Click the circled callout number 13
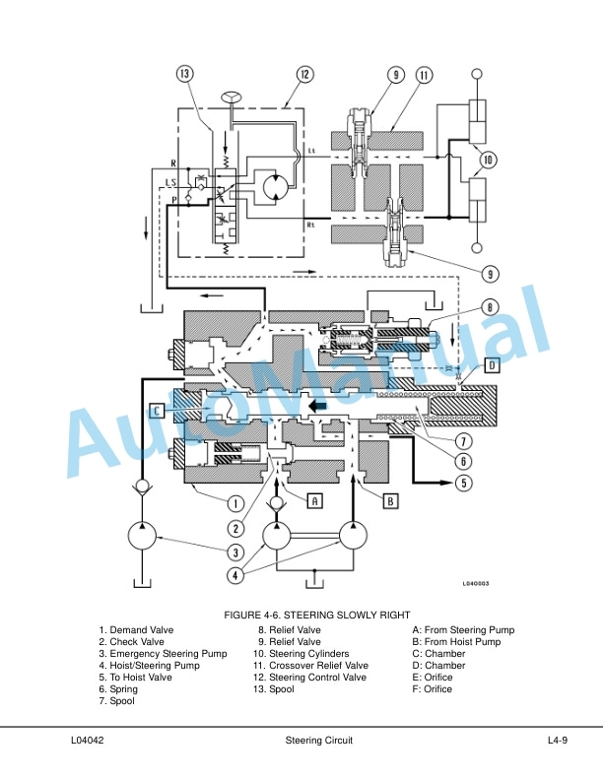(x=184, y=74)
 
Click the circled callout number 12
(x=305, y=75)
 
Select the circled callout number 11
(x=424, y=75)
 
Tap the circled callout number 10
(x=488, y=160)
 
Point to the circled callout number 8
(x=490, y=307)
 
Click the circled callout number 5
(x=464, y=483)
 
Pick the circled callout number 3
(x=235, y=552)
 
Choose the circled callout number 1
(x=235, y=503)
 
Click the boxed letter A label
(x=314, y=500)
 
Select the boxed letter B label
(x=390, y=501)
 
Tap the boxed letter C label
(x=158, y=411)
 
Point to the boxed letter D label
(x=492, y=365)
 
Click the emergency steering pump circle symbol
(x=142, y=536)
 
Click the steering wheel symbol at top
(x=231, y=97)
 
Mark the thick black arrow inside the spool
(x=318, y=406)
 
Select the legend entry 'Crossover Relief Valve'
(x=318, y=665)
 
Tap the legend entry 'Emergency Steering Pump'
(x=168, y=653)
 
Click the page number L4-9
(x=558, y=740)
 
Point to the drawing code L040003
(x=476, y=583)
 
